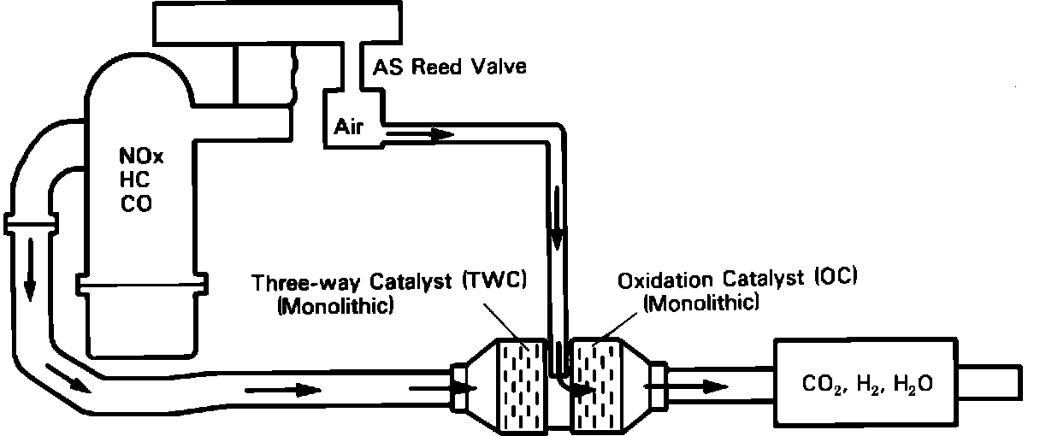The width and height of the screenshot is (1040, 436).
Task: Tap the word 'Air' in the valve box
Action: [x=349, y=127]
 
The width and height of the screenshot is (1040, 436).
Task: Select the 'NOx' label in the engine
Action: [x=136, y=158]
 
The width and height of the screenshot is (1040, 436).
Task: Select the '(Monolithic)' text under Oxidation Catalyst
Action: [x=700, y=303]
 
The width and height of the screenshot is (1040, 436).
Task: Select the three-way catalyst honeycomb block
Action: [x=520, y=382]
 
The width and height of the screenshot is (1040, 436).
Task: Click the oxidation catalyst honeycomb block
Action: [x=595, y=382]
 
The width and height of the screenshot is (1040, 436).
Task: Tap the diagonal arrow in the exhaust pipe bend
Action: [x=69, y=378]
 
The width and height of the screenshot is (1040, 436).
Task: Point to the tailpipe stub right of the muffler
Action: [x=991, y=380]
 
